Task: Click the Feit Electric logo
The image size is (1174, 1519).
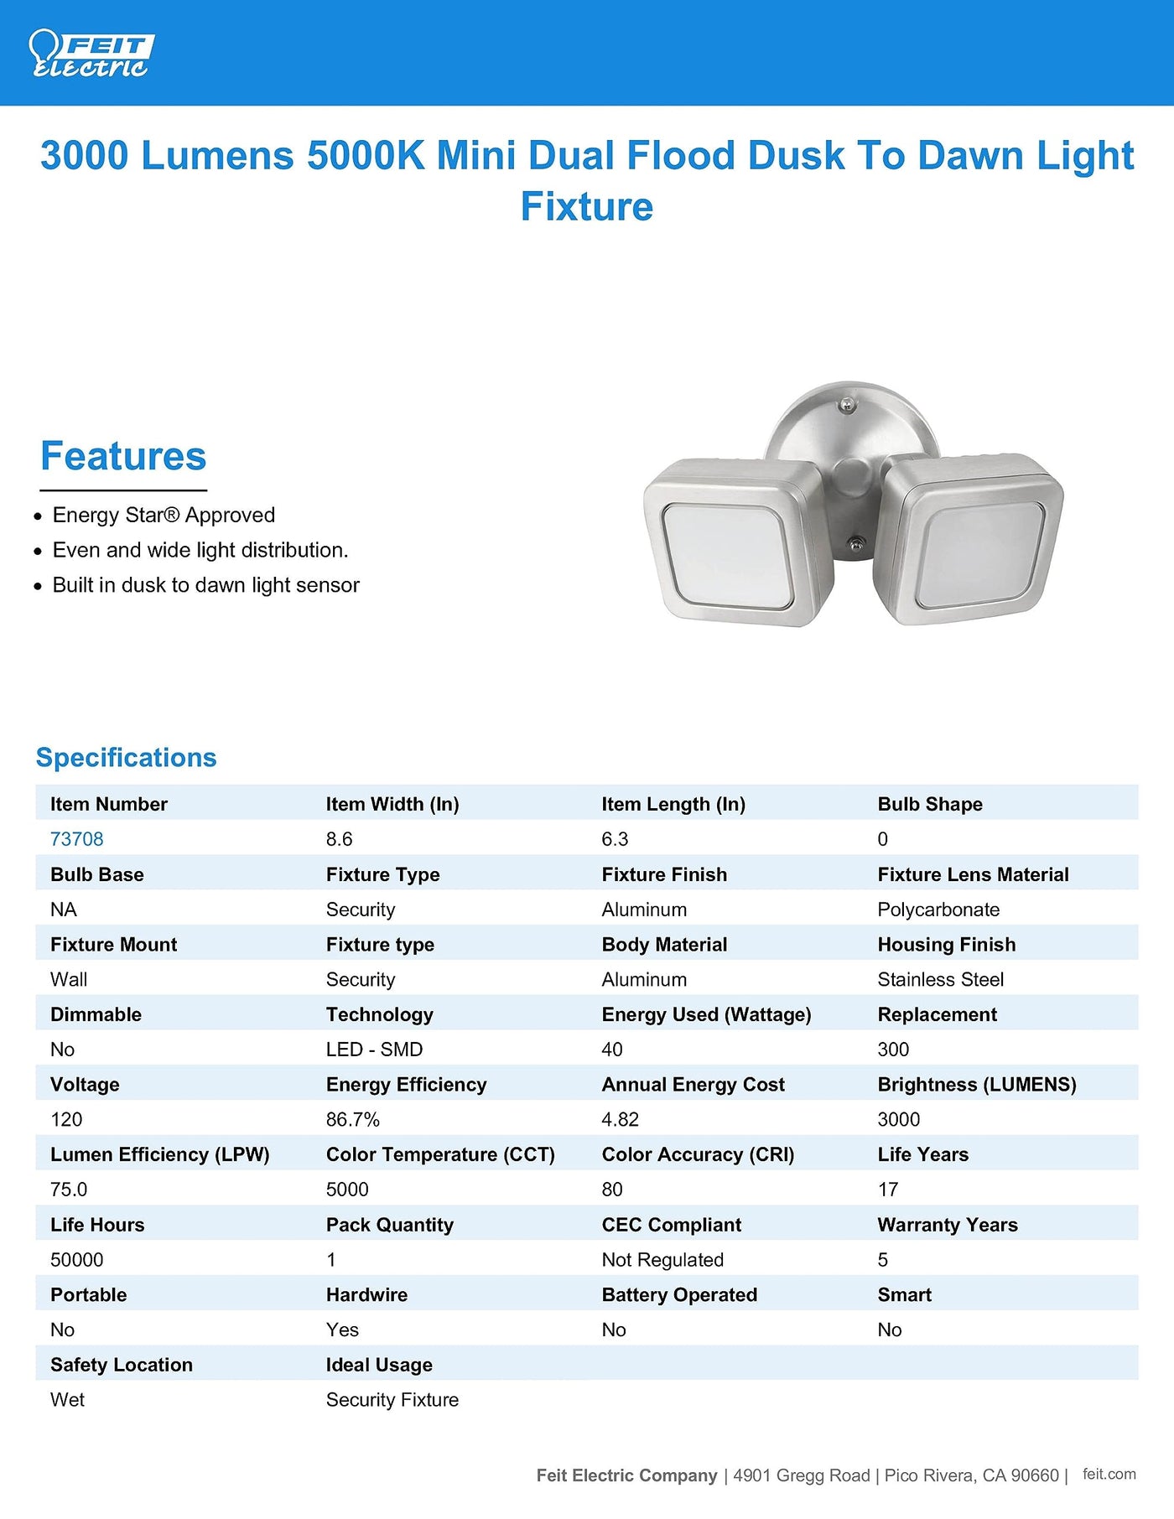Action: [x=90, y=54]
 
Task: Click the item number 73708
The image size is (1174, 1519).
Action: [x=77, y=839]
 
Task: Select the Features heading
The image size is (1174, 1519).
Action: [x=123, y=457]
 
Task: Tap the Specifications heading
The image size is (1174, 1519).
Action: [x=126, y=758]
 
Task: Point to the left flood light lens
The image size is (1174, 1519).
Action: [x=727, y=556]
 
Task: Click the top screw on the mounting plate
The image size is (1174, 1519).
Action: [x=848, y=407]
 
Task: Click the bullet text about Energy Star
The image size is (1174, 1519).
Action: [x=164, y=515]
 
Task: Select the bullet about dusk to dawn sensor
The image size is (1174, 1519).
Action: [x=205, y=585]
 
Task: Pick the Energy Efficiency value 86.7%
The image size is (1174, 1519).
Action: [x=353, y=1119]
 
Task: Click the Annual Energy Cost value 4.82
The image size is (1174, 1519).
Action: [x=621, y=1119]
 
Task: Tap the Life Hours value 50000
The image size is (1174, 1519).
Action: [x=77, y=1260]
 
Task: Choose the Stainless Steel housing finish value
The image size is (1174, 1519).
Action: [x=940, y=979]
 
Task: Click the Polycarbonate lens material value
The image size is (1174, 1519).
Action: [x=938, y=910]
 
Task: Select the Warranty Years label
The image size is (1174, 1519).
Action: [x=948, y=1225]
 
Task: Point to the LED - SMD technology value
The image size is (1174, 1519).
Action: [x=374, y=1050]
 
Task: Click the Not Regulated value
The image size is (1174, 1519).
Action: [x=662, y=1260]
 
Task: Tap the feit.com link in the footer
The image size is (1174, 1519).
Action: [x=1109, y=1475]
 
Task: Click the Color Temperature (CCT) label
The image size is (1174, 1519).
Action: [x=440, y=1154]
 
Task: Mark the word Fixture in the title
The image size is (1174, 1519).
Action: [x=587, y=206]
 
